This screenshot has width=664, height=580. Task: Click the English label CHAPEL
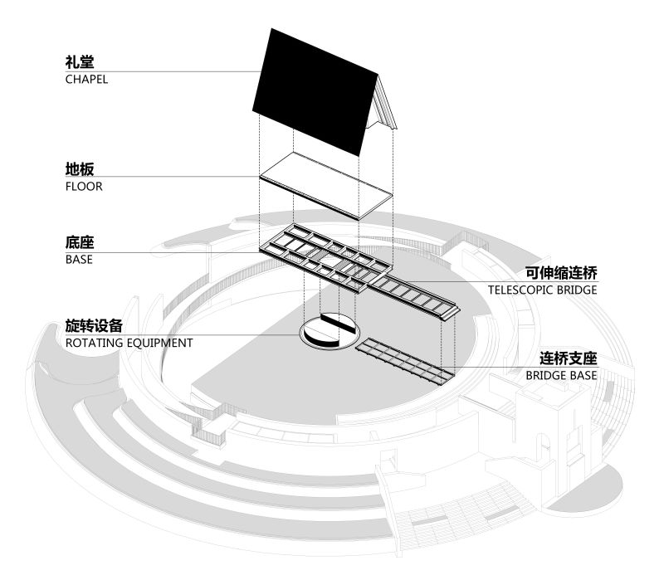[86, 79]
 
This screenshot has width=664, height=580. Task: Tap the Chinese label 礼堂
[80, 61]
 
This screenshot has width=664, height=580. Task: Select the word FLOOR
[84, 186]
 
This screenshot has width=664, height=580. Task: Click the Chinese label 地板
[80, 169]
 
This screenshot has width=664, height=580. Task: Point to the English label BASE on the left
[79, 260]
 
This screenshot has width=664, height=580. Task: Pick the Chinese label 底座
[80, 242]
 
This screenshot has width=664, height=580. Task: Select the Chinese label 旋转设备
[94, 325]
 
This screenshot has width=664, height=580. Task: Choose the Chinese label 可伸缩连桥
[561, 273]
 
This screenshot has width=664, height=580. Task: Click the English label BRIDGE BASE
[561, 376]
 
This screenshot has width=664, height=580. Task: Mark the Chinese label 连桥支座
[569, 358]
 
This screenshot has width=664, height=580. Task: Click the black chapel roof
[315, 92]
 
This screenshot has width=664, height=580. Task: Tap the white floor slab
[326, 185]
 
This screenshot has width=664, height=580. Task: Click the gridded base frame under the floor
[325, 259]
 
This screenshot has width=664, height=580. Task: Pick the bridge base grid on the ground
[405, 361]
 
